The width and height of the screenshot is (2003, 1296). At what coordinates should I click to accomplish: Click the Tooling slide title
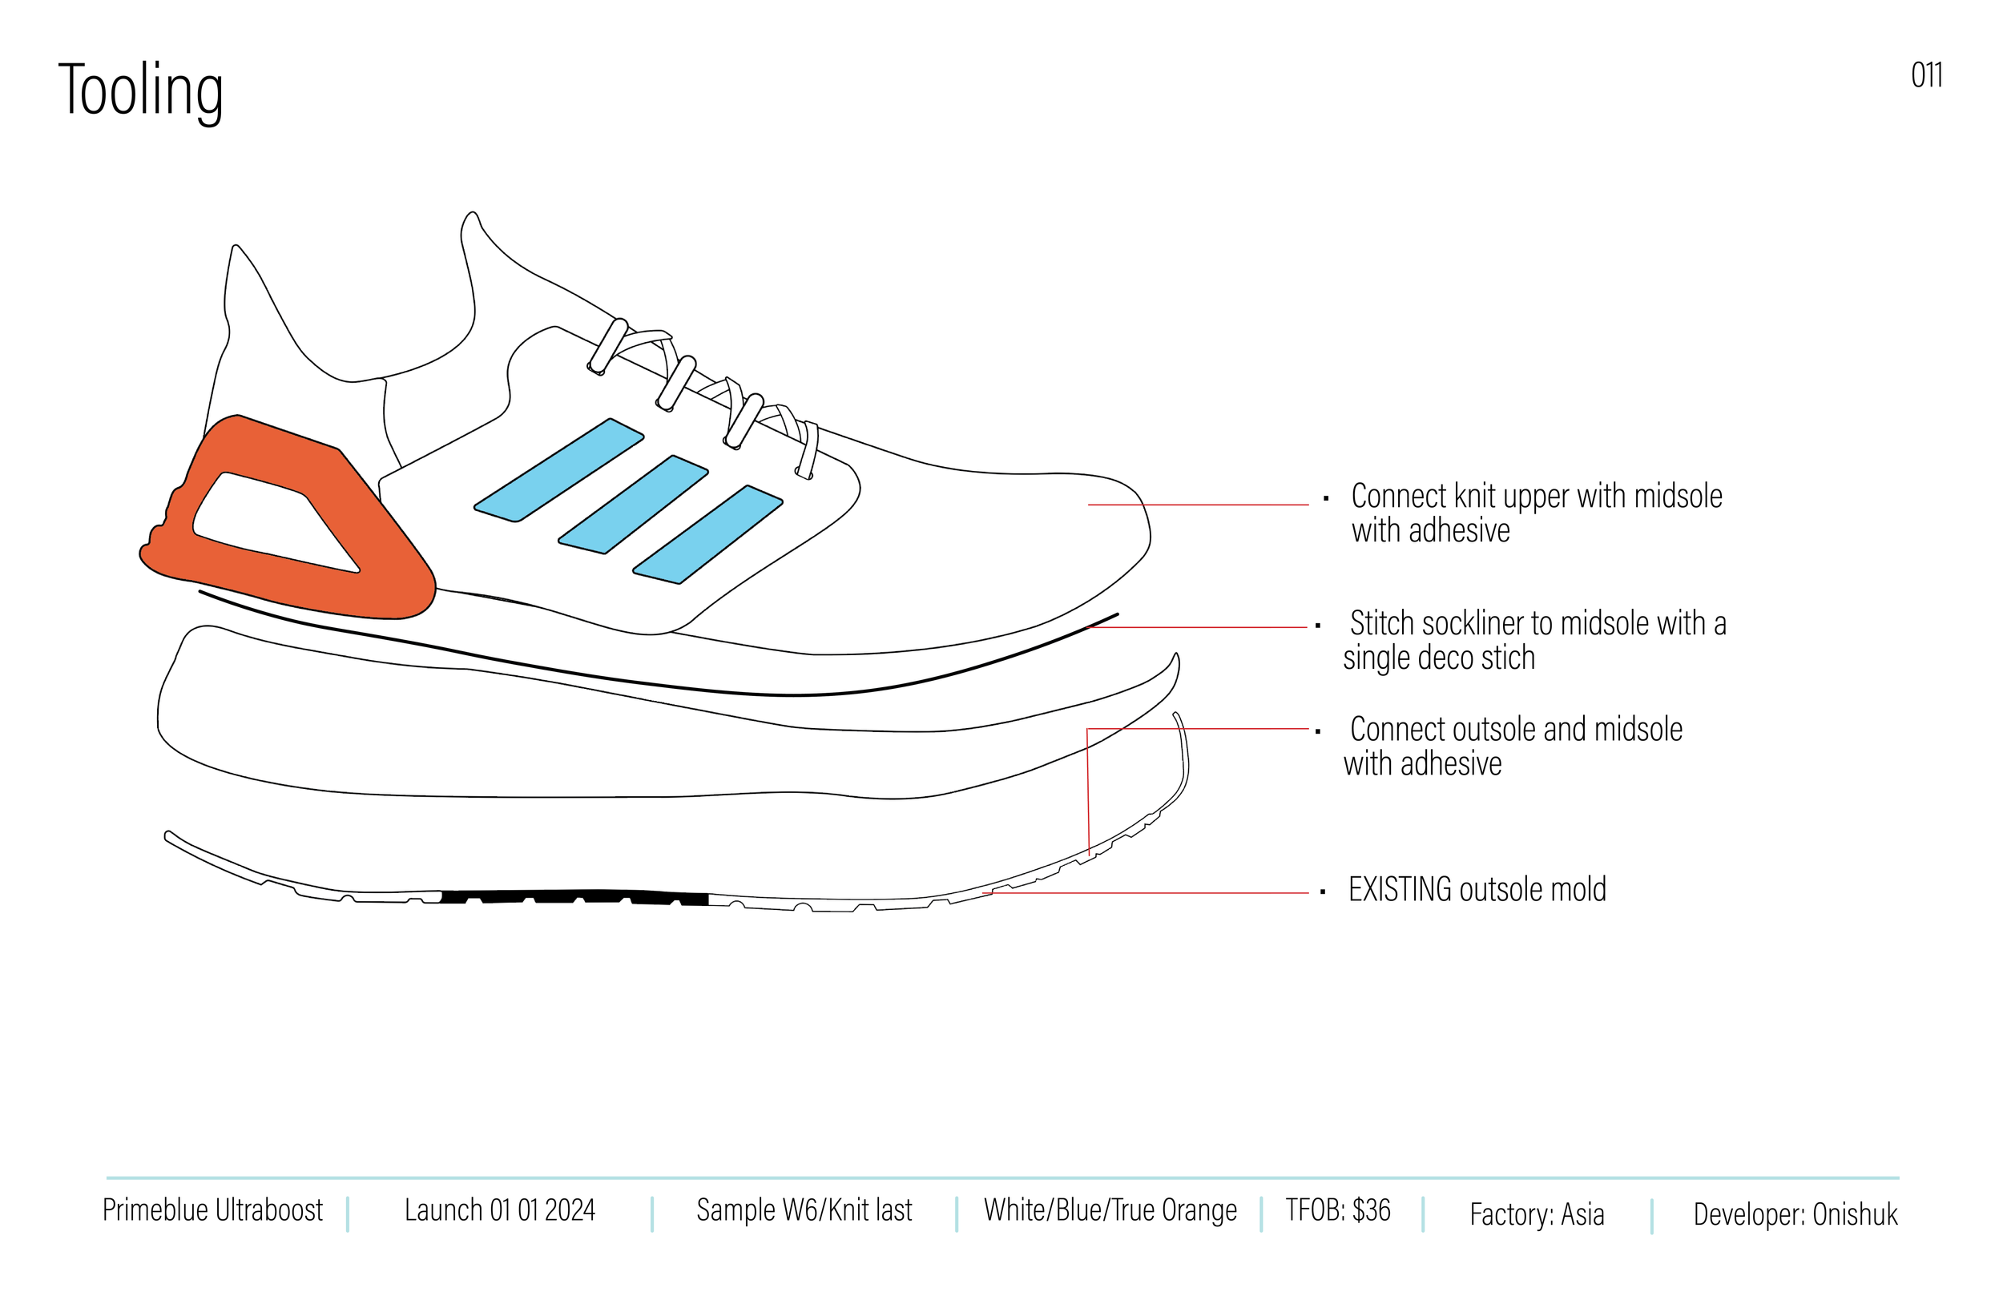pyautogui.click(x=140, y=91)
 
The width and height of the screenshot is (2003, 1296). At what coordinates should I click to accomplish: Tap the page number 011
pyautogui.click(x=1925, y=76)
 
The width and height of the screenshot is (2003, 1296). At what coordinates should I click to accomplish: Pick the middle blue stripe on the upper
pyautogui.click(x=634, y=505)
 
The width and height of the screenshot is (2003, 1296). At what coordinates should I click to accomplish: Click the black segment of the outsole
pyautogui.click(x=572, y=897)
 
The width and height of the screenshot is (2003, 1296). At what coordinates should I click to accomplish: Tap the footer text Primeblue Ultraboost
pyautogui.click(x=212, y=1210)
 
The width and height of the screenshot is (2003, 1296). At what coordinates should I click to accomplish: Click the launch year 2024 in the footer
pyautogui.click(x=570, y=1210)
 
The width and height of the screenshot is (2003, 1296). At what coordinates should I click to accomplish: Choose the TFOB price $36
pyautogui.click(x=1371, y=1210)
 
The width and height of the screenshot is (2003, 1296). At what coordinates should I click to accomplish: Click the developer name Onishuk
pyautogui.click(x=1855, y=1214)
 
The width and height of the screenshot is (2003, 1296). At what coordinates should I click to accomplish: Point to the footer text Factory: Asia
pyautogui.click(x=1537, y=1214)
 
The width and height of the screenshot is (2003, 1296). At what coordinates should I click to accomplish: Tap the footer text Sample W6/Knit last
pyautogui.click(x=804, y=1210)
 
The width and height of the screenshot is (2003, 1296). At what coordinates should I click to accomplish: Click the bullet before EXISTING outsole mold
pyautogui.click(x=1323, y=892)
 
